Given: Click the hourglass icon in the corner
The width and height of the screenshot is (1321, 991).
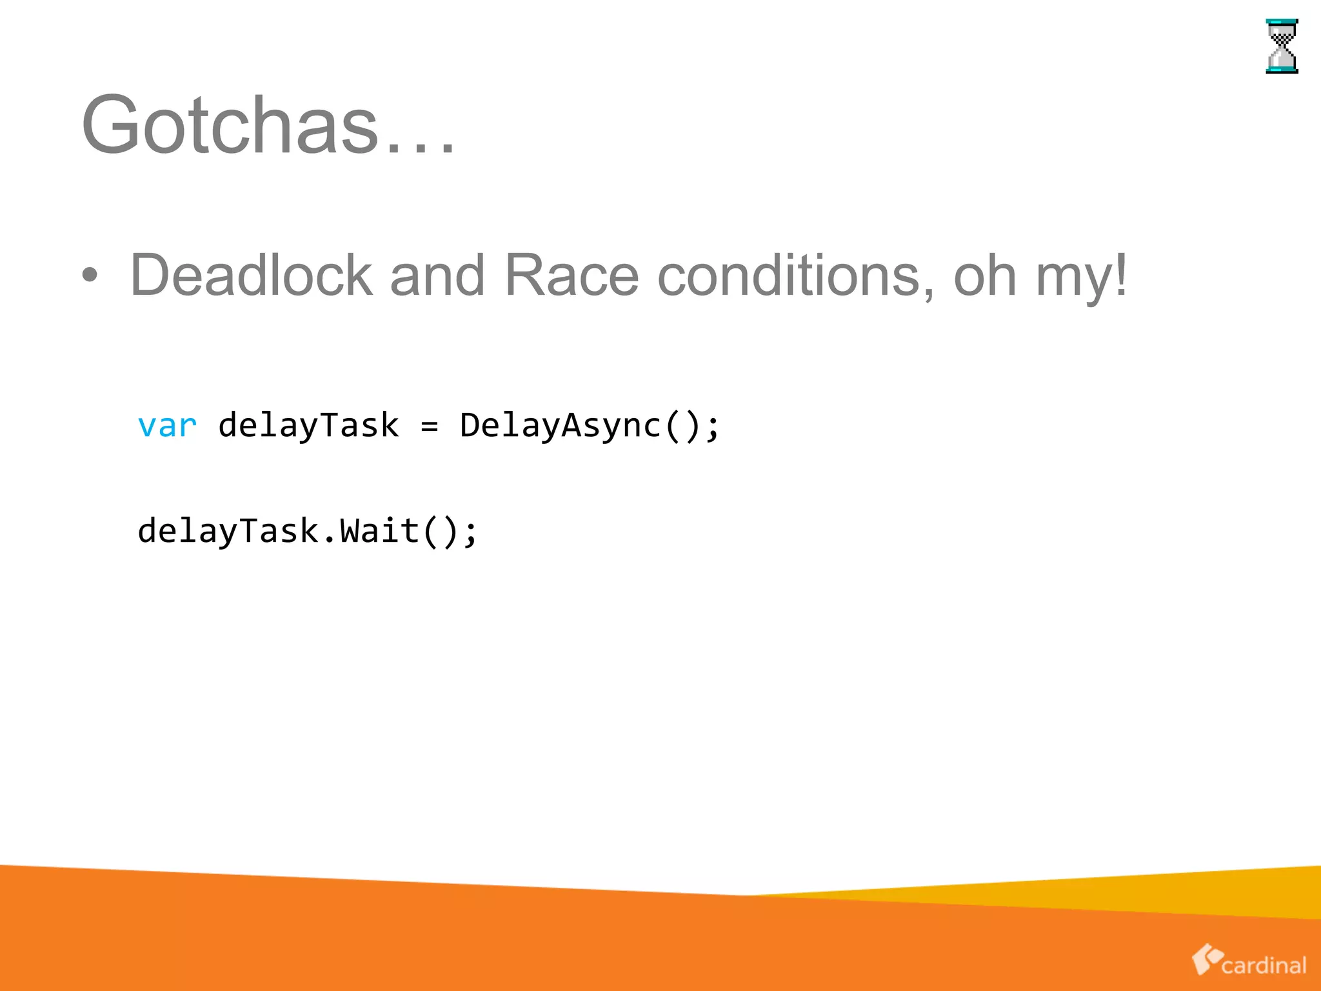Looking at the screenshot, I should [x=1282, y=46].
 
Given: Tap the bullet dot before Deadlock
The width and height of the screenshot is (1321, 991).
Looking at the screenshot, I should [x=90, y=275].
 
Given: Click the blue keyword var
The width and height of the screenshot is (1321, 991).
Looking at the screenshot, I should [x=167, y=426].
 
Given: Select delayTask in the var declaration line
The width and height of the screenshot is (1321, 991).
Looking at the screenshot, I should [x=308, y=426].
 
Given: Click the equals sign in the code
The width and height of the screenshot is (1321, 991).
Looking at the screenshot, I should [x=429, y=426].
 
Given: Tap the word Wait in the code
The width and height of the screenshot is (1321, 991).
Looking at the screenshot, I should [x=379, y=531].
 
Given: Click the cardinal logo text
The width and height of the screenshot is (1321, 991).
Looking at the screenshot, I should [x=1264, y=965].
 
